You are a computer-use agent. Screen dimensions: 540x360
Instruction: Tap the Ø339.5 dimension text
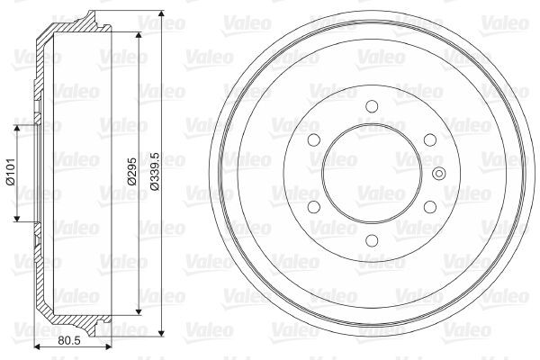[155, 171]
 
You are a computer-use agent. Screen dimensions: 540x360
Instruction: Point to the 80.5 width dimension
[69, 340]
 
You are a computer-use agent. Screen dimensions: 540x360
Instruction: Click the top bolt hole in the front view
[372, 106]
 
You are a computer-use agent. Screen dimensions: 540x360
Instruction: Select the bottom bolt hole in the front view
[372, 240]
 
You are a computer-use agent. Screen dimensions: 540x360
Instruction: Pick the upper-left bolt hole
[314, 139]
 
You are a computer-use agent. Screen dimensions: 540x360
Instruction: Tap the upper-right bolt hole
[430, 139]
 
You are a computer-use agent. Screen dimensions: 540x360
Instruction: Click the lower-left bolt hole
[314, 207]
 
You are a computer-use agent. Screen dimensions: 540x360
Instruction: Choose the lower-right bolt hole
[430, 207]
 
